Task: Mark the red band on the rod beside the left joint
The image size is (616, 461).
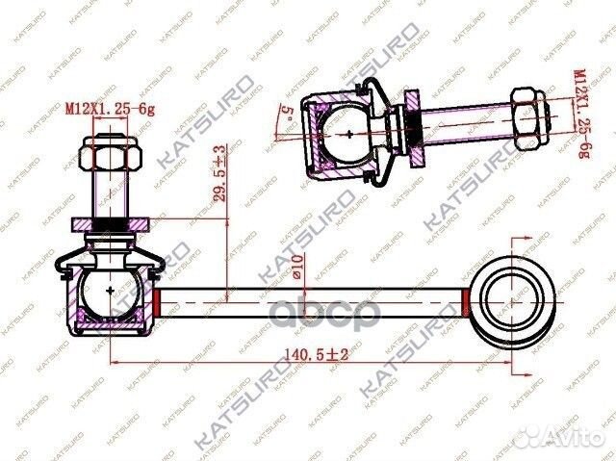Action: point(158,300)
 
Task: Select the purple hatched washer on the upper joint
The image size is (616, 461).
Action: point(412,122)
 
